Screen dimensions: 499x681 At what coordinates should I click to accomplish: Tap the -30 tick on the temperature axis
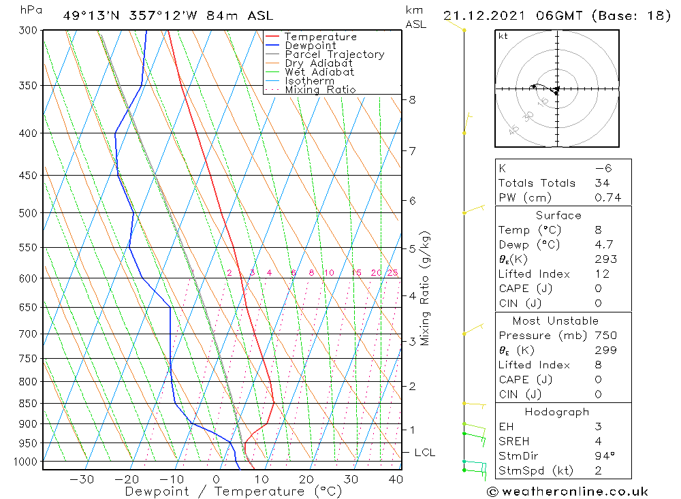click(82, 479)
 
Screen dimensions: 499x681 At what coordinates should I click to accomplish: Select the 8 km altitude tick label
click(412, 100)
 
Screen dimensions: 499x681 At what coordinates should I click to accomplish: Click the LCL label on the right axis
click(424, 453)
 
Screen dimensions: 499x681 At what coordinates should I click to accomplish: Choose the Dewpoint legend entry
click(310, 46)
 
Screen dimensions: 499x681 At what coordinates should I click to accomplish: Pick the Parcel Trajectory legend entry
click(334, 54)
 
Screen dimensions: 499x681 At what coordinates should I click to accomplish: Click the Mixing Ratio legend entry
click(320, 90)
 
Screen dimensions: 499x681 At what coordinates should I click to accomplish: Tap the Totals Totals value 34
click(602, 183)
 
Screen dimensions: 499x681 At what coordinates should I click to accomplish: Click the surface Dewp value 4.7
click(604, 244)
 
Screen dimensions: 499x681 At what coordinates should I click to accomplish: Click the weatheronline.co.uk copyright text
click(567, 492)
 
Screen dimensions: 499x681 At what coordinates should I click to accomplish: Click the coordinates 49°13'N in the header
click(89, 16)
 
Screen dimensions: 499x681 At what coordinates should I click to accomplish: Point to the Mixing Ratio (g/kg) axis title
click(426, 289)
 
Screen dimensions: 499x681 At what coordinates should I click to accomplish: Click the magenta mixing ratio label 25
click(392, 273)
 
